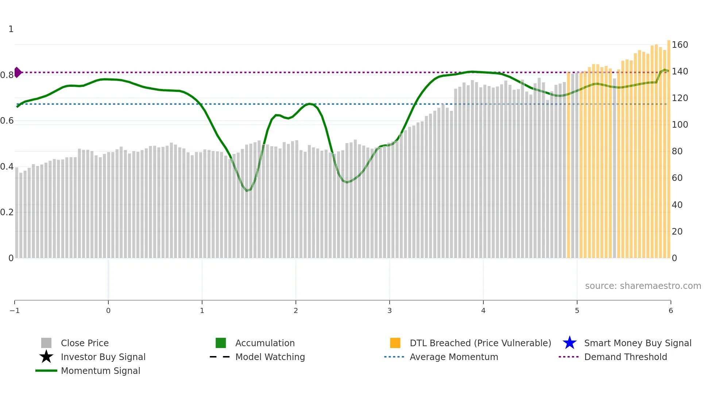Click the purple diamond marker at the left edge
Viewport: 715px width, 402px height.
pos(18,72)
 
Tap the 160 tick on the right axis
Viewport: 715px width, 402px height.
pos(680,45)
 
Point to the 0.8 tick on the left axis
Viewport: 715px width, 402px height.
pos(7,75)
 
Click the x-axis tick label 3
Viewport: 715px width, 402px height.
pos(389,310)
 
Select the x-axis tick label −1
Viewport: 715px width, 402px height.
pos(15,310)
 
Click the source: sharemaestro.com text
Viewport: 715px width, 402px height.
pos(643,286)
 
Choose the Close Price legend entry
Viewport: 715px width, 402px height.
pos(85,343)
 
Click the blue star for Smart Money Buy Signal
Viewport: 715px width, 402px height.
pos(569,343)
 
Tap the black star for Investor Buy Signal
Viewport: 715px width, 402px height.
pos(46,357)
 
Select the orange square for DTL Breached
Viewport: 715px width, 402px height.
pos(395,343)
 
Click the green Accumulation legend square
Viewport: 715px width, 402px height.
pos(221,343)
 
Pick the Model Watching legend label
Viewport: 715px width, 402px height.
pos(270,357)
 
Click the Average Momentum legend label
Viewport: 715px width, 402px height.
pos(453,357)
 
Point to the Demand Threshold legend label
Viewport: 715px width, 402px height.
pos(625,357)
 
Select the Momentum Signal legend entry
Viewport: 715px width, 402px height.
pos(100,371)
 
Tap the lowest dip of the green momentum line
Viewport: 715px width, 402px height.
pos(247,190)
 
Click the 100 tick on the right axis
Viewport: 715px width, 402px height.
pos(680,125)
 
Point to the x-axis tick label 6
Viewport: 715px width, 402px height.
pos(670,310)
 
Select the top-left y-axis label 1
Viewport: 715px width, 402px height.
pos(11,29)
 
